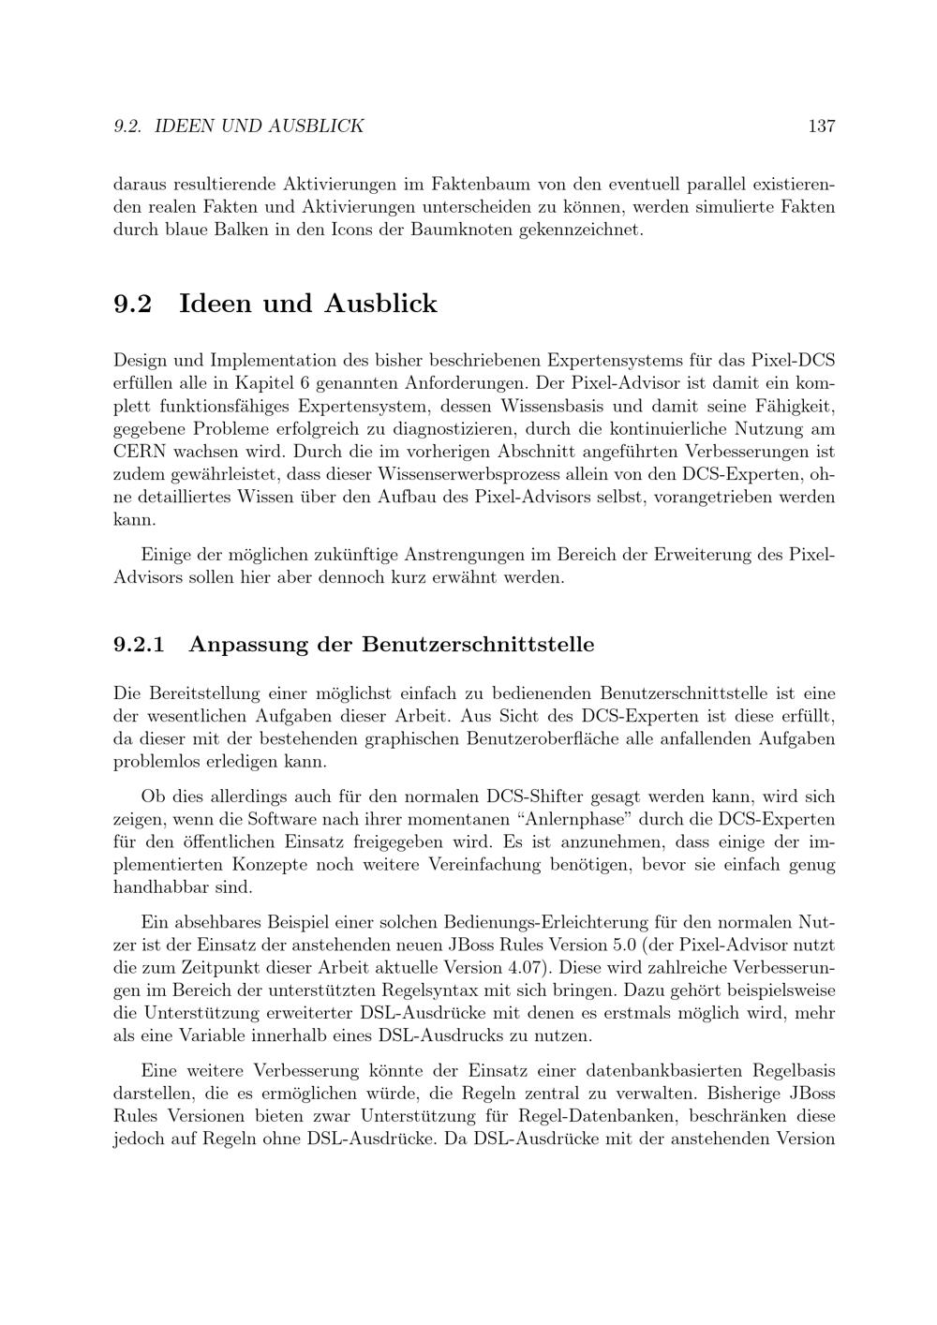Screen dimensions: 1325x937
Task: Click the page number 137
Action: pyautogui.click(x=821, y=126)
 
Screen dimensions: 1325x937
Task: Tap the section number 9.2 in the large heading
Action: pyautogui.click(x=132, y=304)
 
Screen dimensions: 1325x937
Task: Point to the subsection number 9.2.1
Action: pyautogui.click(x=139, y=645)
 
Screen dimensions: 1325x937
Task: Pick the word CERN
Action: pyautogui.click(x=138, y=452)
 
